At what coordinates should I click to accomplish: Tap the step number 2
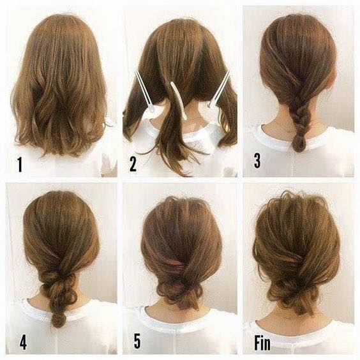[x=133, y=164]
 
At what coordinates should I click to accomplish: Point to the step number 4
[x=23, y=341]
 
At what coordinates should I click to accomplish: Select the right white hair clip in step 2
[x=219, y=89]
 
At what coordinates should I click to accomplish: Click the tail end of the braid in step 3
[x=299, y=146]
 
